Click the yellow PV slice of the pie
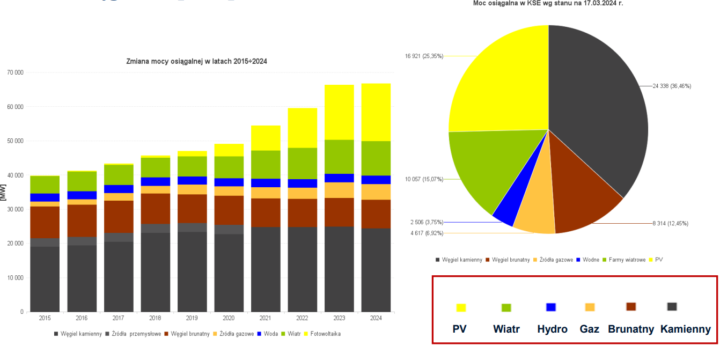pos(494,80)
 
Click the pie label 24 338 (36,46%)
pos(672,86)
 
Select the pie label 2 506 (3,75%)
pos(427,222)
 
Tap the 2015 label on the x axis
pos(45,318)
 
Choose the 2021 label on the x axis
pos(266,318)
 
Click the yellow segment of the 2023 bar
pos(339,112)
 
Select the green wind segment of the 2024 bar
pos(376,158)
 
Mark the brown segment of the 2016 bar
pos(82,221)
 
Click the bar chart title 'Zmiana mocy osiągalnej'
pos(196,62)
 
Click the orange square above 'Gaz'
pos(590,307)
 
